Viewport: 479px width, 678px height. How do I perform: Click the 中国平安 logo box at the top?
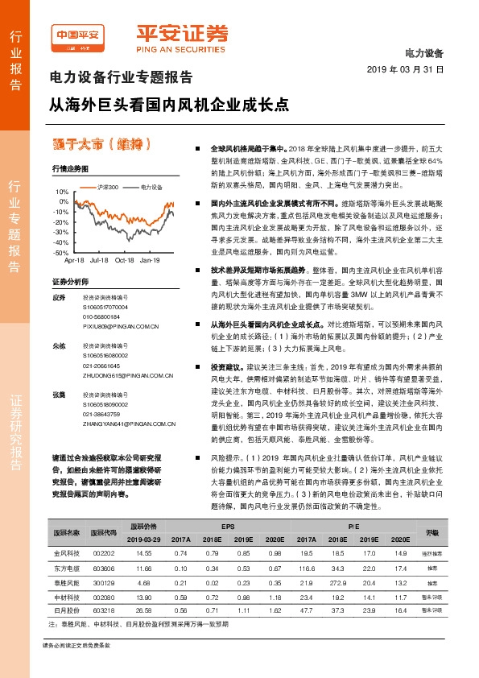(x=77, y=35)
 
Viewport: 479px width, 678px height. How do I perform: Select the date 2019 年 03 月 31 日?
(x=411, y=69)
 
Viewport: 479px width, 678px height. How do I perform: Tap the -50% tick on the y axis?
(x=61, y=252)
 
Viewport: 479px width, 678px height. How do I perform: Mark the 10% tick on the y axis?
(x=63, y=192)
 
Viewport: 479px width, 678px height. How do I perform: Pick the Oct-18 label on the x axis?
(x=125, y=261)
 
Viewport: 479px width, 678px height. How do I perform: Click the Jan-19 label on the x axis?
(x=151, y=261)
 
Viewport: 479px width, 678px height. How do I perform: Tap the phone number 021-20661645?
(x=102, y=364)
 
